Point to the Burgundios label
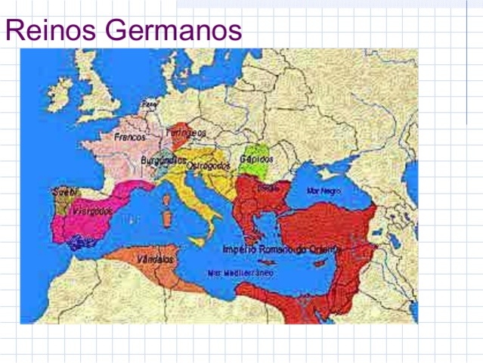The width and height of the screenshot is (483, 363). tap(164, 160)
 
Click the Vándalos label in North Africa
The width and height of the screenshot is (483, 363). tap(154, 259)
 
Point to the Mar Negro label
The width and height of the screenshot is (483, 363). tap(324, 191)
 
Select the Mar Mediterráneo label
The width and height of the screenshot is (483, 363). tap(240, 272)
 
